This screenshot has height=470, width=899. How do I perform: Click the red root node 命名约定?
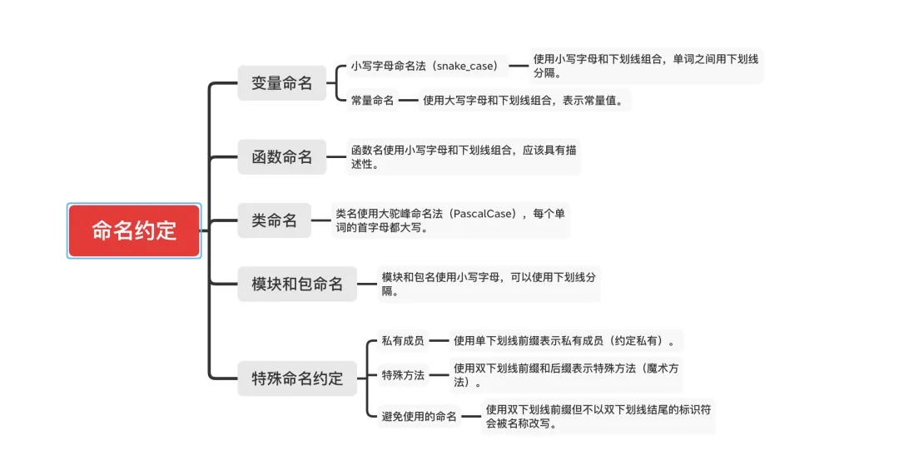(134, 230)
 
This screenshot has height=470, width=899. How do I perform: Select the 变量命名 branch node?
(281, 83)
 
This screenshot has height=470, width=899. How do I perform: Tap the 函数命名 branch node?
(281, 156)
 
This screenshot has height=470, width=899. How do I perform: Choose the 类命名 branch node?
(274, 220)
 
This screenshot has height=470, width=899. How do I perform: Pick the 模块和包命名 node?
(297, 284)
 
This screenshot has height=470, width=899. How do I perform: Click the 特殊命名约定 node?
(297, 378)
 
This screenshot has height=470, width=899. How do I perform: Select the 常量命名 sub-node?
(372, 101)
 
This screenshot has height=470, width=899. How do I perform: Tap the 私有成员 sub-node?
(403, 340)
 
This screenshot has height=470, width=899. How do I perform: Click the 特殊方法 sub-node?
(403, 375)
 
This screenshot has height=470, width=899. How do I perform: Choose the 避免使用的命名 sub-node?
(420, 417)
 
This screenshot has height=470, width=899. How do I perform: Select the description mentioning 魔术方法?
(566, 375)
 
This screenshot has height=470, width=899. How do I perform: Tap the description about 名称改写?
(599, 416)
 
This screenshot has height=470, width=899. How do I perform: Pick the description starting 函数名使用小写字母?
(464, 156)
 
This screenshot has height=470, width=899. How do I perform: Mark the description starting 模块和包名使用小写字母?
(489, 284)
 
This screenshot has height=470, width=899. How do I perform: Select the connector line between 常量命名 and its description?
(408, 101)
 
